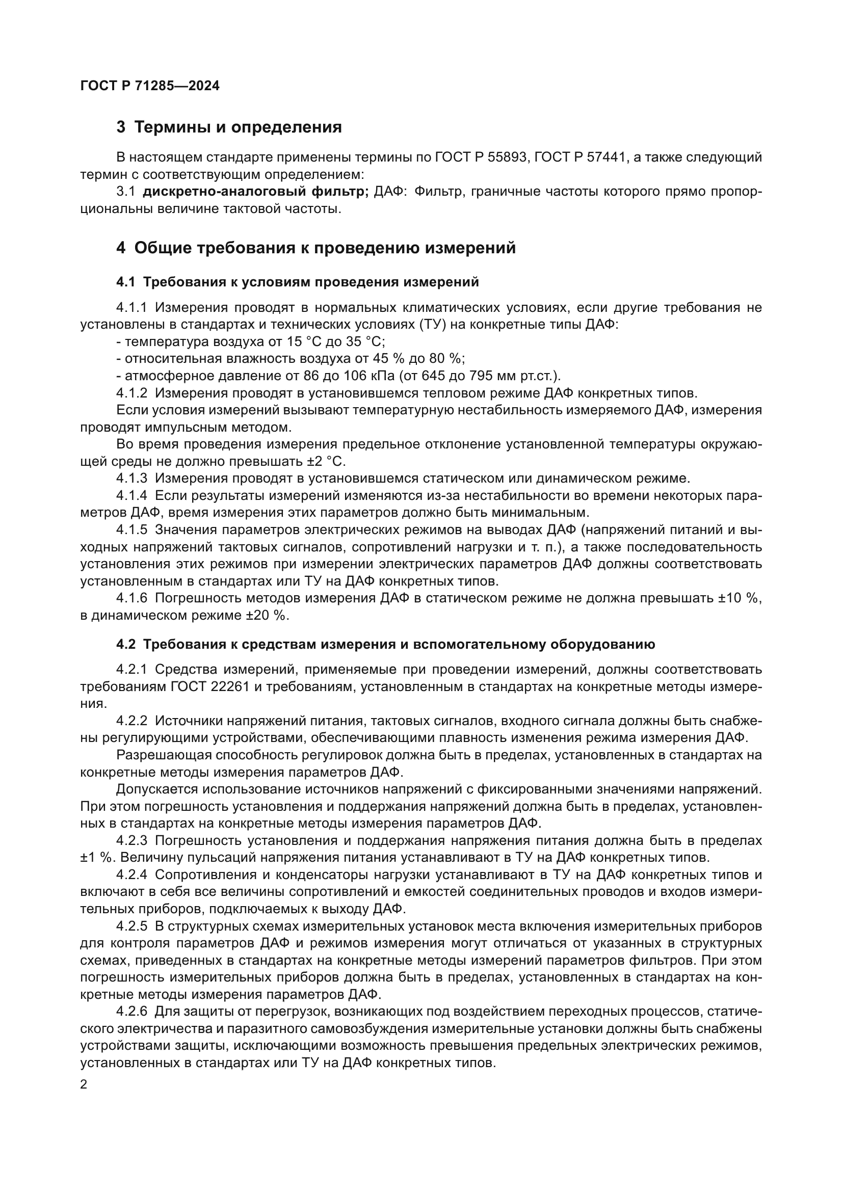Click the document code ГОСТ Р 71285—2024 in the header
tap(150, 86)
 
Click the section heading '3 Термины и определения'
tap(229, 127)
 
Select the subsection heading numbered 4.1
tap(298, 282)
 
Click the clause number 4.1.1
tap(133, 308)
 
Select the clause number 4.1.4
tap(133, 496)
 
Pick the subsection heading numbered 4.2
tap(385, 645)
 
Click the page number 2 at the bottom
tap(84, 1085)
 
